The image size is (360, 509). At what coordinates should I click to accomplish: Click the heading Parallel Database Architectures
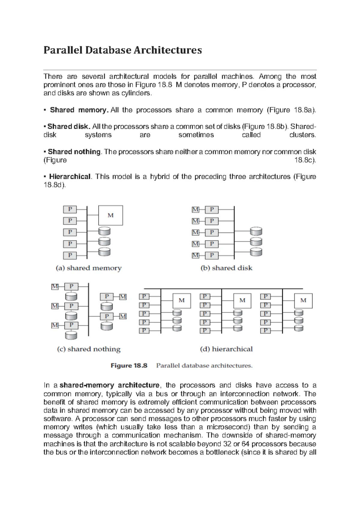[122, 50]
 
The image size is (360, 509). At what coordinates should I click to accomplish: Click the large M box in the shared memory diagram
[110, 215]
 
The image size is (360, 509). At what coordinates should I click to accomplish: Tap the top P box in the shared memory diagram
[70, 209]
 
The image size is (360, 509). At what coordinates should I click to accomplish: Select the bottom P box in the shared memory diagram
[70, 255]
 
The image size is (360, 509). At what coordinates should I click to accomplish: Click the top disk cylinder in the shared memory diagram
[104, 231]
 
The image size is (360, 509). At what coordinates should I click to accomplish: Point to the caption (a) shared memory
[89, 268]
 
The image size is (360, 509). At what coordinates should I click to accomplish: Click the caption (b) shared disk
[226, 268]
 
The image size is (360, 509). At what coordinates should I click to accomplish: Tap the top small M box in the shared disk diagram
[195, 209]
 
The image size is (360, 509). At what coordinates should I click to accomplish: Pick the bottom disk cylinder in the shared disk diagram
[256, 252]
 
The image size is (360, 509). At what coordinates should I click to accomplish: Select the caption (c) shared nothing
[89, 349]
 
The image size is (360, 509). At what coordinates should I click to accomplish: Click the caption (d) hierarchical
[226, 349]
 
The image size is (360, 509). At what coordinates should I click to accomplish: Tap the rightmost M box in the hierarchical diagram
[303, 300]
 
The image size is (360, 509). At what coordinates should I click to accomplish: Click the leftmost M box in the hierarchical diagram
[181, 300]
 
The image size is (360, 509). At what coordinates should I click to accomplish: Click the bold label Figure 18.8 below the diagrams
[129, 366]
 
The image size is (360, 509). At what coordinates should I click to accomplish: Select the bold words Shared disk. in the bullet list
[68, 127]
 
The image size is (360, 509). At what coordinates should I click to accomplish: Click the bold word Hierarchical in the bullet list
[70, 177]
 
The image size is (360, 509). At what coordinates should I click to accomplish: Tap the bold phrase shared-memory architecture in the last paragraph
[110, 385]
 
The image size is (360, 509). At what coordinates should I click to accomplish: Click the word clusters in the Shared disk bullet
[302, 135]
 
